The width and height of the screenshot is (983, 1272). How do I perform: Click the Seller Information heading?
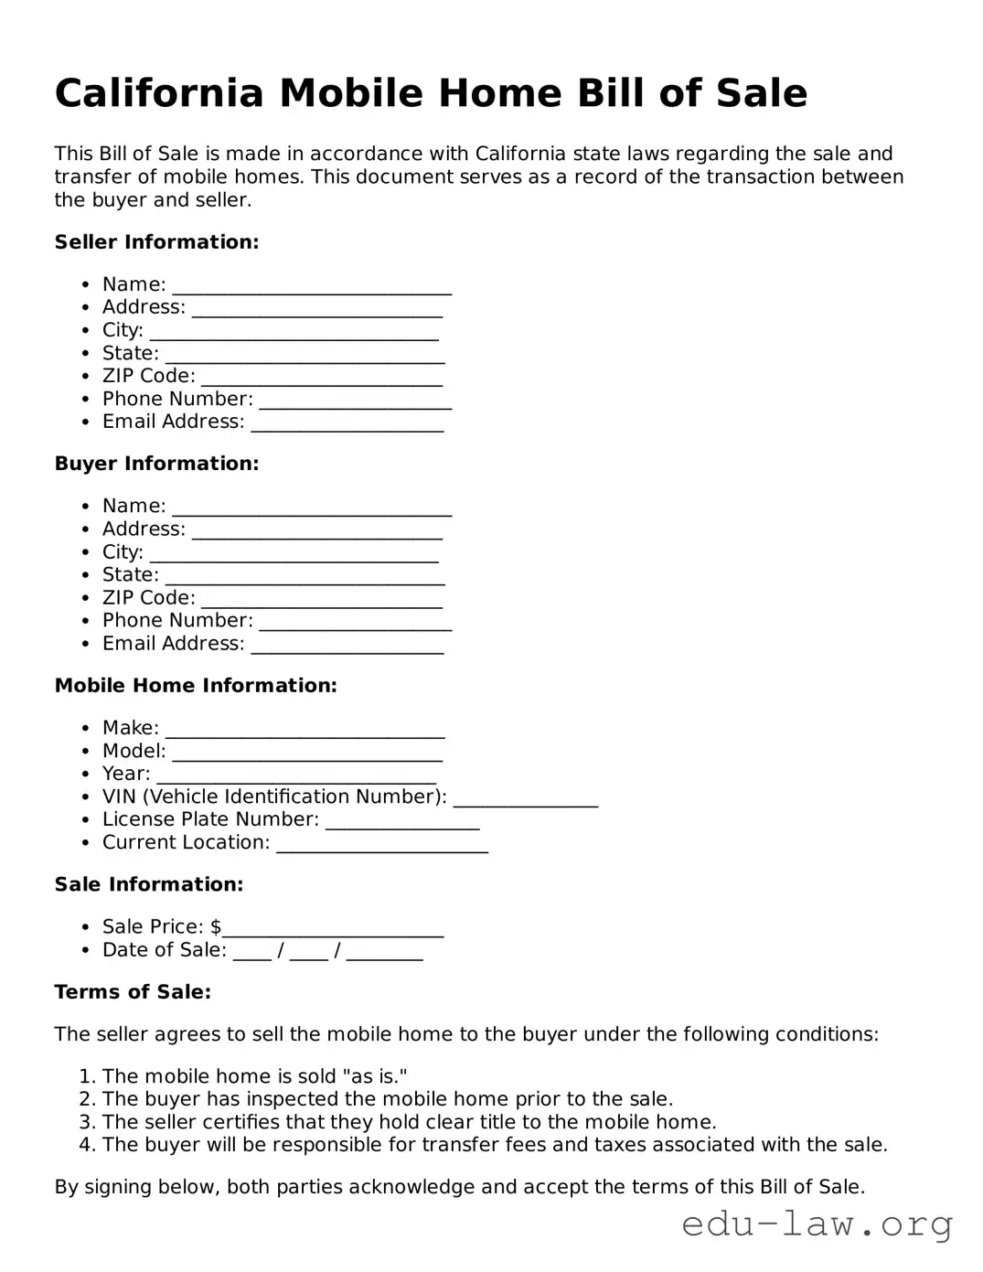click(156, 242)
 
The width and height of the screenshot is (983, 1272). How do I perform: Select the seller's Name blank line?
click(312, 287)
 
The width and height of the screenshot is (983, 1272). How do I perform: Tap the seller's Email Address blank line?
click(347, 424)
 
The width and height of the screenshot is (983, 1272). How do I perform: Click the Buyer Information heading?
click(156, 464)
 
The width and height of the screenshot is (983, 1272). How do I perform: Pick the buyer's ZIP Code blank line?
click(322, 601)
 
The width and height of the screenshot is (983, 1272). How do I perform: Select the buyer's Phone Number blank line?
click(356, 624)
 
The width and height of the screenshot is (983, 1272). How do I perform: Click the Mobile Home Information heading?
click(196, 686)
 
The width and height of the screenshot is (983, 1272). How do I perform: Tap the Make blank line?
click(305, 731)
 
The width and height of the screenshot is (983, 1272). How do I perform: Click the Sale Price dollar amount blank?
click(333, 930)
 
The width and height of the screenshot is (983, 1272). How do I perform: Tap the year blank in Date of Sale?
click(385, 953)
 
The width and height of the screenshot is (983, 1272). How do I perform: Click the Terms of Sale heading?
click(133, 992)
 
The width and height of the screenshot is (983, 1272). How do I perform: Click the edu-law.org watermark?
click(817, 1224)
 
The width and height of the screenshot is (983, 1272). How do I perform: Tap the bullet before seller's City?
click(85, 331)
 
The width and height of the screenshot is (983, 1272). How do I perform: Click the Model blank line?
click(307, 754)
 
